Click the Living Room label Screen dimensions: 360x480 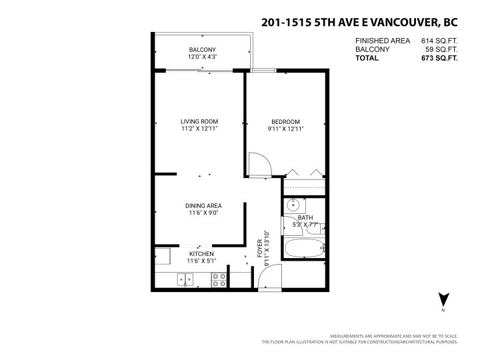(x=199, y=121)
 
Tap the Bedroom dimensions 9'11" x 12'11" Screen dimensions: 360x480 (x=285, y=129)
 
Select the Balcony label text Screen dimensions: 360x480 (x=202, y=50)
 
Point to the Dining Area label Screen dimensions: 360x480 (x=203, y=205)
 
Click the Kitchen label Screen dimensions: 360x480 (x=201, y=254)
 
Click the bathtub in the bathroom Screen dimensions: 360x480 (x=303, y=249)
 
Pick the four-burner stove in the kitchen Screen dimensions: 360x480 (x=219, y=281)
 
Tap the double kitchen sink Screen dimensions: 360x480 (x=185, y=281)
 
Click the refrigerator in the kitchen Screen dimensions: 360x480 (x=162, y=257)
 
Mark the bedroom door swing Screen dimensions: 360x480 (x=259, y=165)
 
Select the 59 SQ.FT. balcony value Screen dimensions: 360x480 (x=441, y=49)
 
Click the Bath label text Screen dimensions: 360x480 (x=305, y=218)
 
